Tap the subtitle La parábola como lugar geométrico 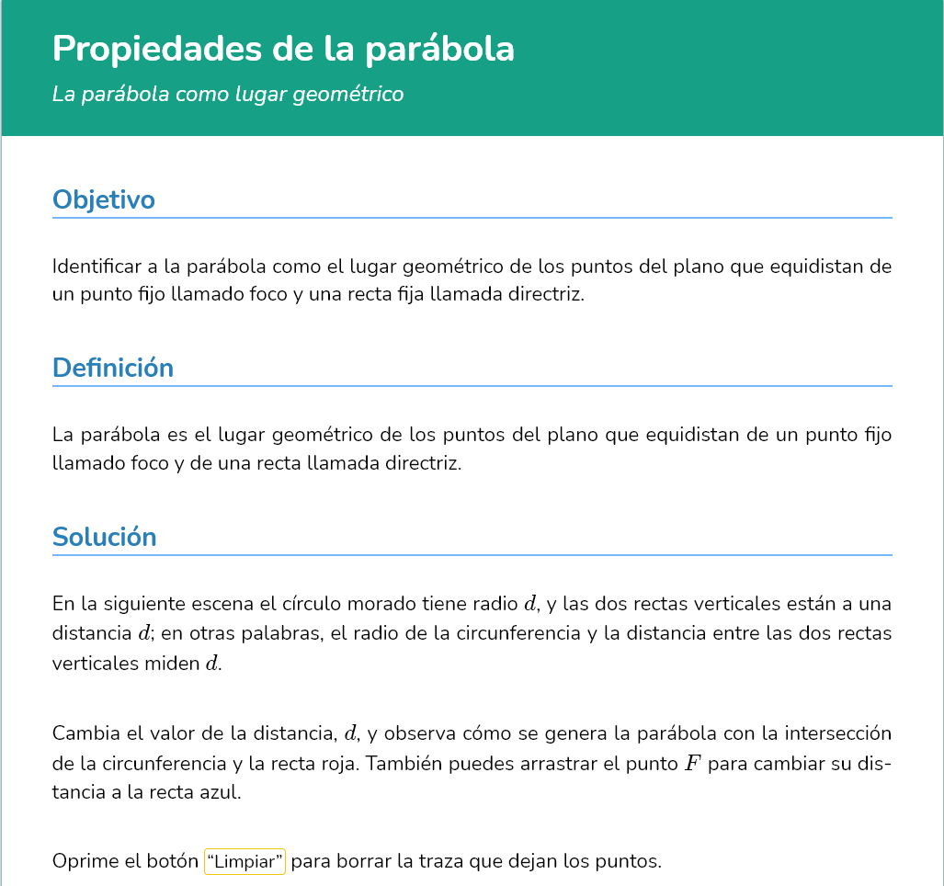[x=228, y=94]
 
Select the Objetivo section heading [x=103, y=199]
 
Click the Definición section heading [x=113, y=368]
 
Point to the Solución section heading [x=105, y=537]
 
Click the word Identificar [x=97, y=267]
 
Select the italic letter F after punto [x=693, y=764]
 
